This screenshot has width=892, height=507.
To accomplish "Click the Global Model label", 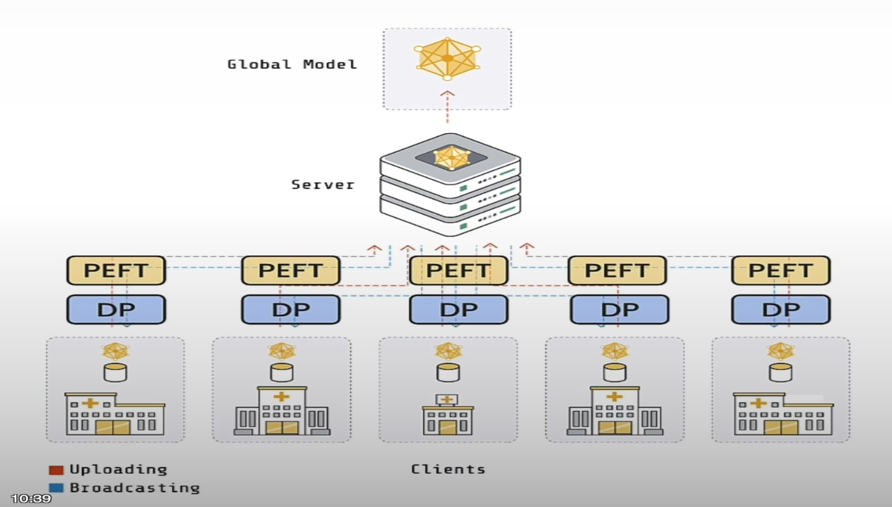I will coord(292,65).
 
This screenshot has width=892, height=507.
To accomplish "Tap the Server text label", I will coord(323,185).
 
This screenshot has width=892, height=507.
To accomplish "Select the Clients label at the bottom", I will coord(448,470).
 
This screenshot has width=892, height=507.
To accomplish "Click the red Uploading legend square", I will coord(56,470).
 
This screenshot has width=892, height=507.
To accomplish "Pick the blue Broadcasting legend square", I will coord(56,488).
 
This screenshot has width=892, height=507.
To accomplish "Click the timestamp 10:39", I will coord(31,498).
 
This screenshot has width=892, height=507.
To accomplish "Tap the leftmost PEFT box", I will coord(116,271).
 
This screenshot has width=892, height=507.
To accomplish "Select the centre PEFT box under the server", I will coord(458,271).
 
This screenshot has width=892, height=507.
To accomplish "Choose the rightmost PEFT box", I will coord(780,271).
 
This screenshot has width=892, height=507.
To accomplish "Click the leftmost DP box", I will coord(116,310).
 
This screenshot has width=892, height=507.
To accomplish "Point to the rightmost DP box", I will coord(780,310).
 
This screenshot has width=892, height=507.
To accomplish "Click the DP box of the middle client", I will coord(458,310).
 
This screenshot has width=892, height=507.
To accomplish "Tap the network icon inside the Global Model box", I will coord(447,58).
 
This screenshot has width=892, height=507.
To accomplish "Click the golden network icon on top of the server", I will coord(452,157).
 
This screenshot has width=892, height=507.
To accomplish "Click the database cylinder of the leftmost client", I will coord(115,372).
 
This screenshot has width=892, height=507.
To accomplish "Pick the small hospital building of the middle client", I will coord(448,416).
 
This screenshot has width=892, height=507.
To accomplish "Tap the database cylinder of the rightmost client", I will coord(780,372).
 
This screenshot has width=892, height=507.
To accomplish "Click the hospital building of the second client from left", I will coord(282,412).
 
